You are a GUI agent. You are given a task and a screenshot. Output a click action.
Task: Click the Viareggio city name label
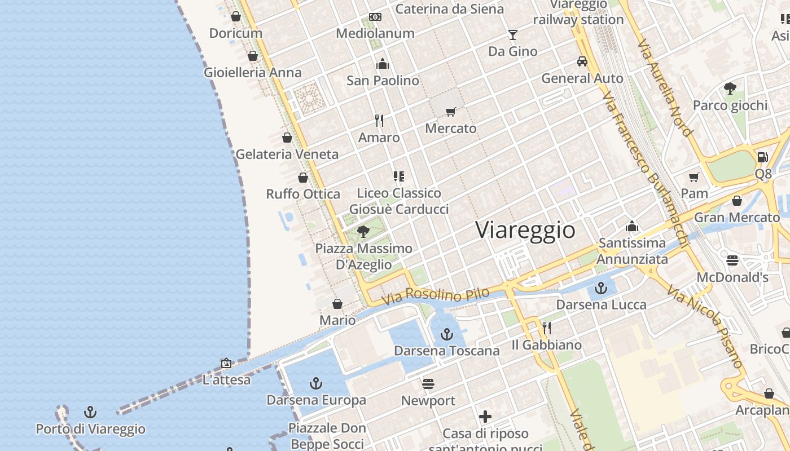[x=525, y=230]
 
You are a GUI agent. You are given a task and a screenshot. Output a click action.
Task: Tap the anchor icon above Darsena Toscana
[x=447, y=334]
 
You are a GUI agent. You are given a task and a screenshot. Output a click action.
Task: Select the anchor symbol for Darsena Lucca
[x=601, y=289]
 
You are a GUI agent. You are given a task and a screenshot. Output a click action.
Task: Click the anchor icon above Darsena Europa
[x=316, y=384]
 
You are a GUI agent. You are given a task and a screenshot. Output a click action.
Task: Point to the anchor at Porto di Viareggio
[x=90, y=413]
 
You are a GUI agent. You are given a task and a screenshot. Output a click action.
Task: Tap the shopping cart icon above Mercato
[x=450, y=112]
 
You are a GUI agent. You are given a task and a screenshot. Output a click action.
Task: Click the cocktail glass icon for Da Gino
[x=512, y=35]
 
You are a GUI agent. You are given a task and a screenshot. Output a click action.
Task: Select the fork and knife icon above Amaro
[x=379, y=121]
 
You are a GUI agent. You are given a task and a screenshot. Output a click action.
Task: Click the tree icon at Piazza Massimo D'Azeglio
[x=363, y=231]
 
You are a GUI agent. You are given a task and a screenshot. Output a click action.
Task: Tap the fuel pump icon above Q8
[x=762, y=157]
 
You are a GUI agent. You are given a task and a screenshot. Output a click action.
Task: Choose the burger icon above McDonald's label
[x=732, y=260]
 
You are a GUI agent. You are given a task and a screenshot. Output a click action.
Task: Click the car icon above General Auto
[x=582, y=61]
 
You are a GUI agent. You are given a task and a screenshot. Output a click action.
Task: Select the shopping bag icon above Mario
[x=337, y=304]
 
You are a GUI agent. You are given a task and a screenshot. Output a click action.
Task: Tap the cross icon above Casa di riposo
[x=485, y=417]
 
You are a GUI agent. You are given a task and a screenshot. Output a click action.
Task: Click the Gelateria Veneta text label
[x=287, y=154]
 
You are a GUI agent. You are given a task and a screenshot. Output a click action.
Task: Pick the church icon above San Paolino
[x=383, y=64]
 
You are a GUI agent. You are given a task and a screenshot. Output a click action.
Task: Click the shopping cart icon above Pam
[x=694, y=177]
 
